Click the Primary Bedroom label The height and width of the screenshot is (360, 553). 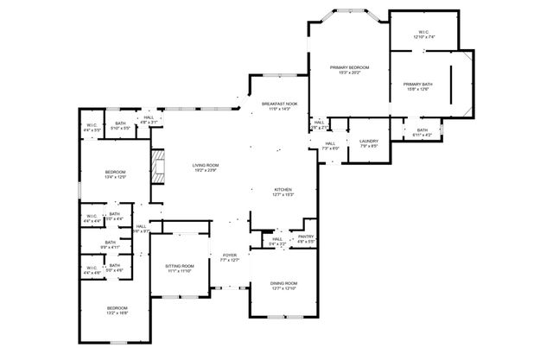pyautogui.click(x=350, y=67)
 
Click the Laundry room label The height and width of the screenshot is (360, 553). pyautogui.click(x=369, y=142)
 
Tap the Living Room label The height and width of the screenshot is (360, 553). pyautogui.click(x=206, y=165)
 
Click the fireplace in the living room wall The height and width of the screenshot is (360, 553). pyautogui.click(x=156, y=165)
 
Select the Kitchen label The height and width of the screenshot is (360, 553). pyautogui.click(x=283, y=189)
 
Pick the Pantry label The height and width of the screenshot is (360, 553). pyautogui.click(x=306, y=237)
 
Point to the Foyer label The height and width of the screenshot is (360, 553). pyautogui.click(x=230, y=256)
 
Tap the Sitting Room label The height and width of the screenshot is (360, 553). pyautogui.click(x=181, y=266)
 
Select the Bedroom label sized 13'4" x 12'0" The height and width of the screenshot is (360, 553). pyautogui.click(x=116, y=173)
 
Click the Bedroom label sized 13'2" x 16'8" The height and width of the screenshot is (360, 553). pyautogui.click(x=118, y=308)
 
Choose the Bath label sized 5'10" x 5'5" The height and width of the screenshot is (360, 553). pyautogui.click(x=120, y=123)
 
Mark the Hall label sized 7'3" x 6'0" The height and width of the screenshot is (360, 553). pyautogui.click(x=330, y=144)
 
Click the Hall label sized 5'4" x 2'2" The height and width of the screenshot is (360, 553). pyautogui.click(x=277, y=240)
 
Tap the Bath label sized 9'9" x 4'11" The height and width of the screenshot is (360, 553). pyautogui.click(x=111, y=243)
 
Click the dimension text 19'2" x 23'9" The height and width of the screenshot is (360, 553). pyautogui.click(x=206, y=170)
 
